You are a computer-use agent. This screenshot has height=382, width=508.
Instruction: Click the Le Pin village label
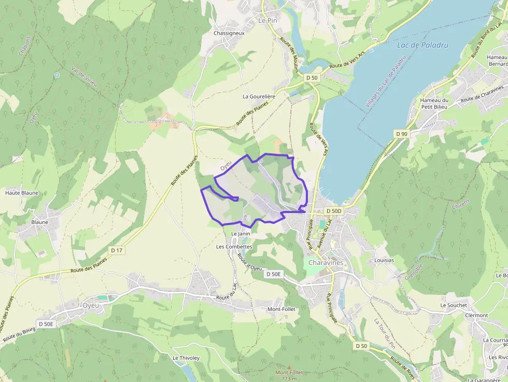269,20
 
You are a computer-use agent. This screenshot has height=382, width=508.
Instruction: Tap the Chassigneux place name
229,33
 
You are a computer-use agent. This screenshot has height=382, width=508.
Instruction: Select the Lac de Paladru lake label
422,45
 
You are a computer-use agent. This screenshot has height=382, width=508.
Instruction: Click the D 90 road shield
402,134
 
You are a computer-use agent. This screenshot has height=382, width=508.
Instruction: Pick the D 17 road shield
117,250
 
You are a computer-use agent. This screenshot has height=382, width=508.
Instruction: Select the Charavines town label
326,263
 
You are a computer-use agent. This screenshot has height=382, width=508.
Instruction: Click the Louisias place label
384,260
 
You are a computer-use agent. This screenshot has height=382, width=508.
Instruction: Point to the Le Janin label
241,234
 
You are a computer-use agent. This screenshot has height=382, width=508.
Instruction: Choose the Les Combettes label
234,247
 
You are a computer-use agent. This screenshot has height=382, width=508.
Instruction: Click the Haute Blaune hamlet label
22,193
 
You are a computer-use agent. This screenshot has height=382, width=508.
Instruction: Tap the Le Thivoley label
186,358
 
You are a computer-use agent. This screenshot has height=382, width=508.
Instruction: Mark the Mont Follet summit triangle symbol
289,366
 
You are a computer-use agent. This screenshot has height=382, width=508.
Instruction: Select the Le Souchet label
454,305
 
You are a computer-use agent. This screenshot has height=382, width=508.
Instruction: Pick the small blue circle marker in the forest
57,75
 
